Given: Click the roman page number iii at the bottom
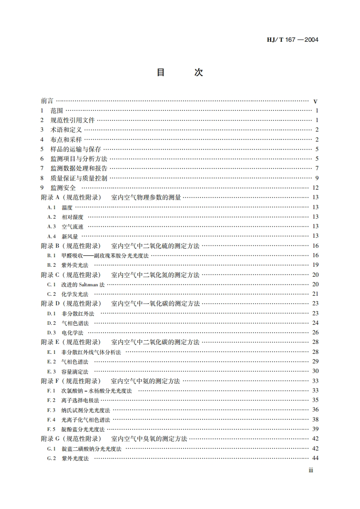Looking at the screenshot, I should (311, 470).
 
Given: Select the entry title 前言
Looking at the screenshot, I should (47, 101).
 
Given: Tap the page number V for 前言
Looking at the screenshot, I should (315, 101).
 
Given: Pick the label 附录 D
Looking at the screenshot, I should (50, 303).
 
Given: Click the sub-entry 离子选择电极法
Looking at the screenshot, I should (80, 400).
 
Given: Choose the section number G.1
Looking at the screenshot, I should (51, 449).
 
